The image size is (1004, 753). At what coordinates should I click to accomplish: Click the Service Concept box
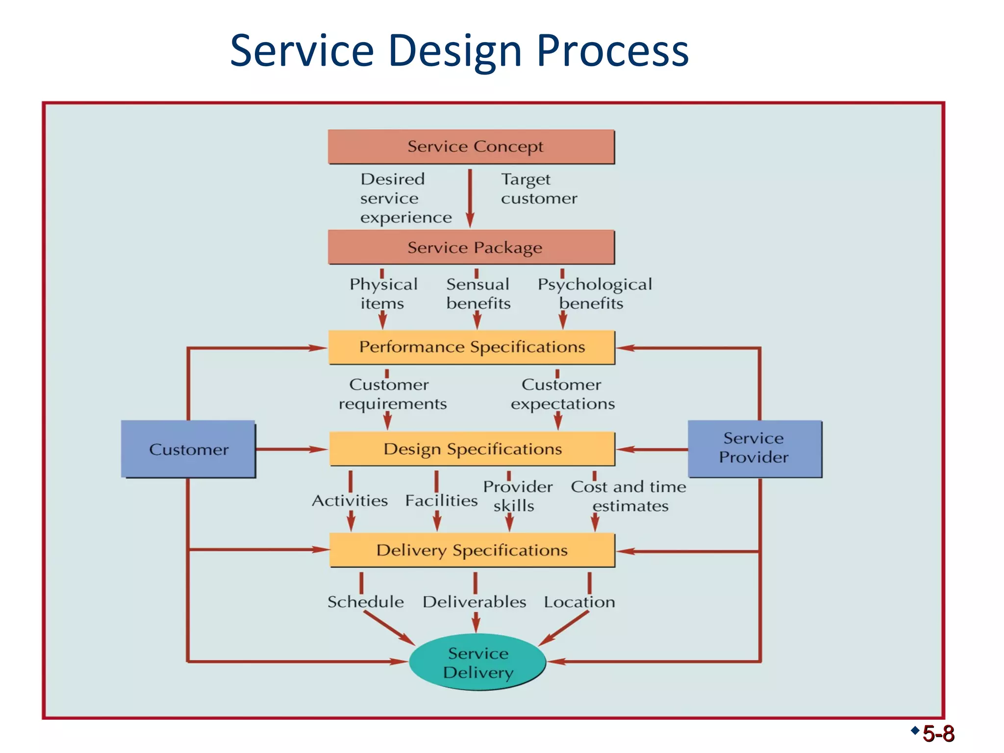click(471, 147)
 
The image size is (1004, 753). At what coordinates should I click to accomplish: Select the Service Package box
click(471, 247)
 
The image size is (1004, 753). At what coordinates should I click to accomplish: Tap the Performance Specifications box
click(471, 347)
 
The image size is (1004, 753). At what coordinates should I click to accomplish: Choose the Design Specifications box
click(472, 449)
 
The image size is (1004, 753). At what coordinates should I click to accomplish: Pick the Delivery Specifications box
click(472, 550)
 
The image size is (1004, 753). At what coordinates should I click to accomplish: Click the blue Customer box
click(188, 449)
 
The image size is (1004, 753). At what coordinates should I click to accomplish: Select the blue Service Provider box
click(754, 448)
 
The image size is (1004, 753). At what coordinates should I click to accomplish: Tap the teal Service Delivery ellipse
click(477, 662)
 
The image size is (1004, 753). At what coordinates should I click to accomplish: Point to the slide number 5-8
click(938, 734)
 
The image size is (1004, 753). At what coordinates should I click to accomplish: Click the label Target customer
click(538, 189)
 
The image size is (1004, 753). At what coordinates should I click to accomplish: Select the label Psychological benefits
click(594, 294)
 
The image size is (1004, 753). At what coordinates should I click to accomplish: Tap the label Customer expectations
click(562, 394)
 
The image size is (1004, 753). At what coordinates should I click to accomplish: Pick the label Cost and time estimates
click(628, 496)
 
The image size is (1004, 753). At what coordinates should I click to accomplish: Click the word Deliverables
click(474, 602)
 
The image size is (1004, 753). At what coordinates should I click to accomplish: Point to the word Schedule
click(366, 602)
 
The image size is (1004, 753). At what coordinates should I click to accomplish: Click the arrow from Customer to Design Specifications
click(291, 449)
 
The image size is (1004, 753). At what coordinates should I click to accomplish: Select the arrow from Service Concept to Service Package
click(470, 199)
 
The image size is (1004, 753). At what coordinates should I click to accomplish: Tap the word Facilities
click(441, 501)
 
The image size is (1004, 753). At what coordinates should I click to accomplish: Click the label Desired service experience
click(405, 198)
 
